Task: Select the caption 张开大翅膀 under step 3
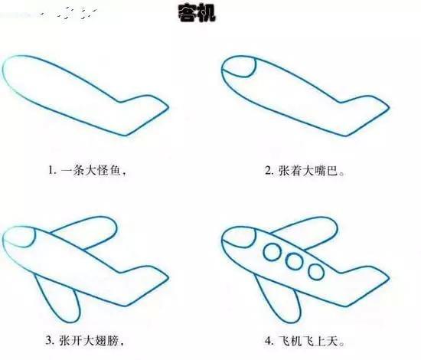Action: click(91, 341)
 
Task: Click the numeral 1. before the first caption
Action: click(51, 172)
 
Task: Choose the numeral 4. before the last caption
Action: click(269, 341)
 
